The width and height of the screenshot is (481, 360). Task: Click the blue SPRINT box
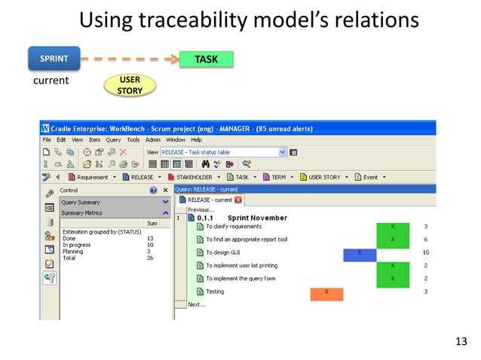(x=54, y=58)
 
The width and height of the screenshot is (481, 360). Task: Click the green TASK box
(x=206, y=59)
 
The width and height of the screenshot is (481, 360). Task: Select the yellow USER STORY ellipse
(x=124, y=86)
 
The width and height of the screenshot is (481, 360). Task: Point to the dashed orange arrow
(x=129, y=58)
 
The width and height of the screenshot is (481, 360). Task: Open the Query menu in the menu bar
(x=113, y=139)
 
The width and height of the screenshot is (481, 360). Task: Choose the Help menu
(x=196, y=139)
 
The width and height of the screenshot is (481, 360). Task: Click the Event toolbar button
(x=370, y=177)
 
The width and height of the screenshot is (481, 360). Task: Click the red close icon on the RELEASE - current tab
(x=238, y=200)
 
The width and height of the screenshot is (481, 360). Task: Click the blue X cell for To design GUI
(x=360, y=254)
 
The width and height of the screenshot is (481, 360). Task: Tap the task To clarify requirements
(x=234, y=227)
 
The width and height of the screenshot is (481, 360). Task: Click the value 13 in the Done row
(x=150, y=239)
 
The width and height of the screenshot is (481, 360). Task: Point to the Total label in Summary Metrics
(x=69, y=257)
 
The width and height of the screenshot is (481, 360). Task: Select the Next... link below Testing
(x=196, y=304)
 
